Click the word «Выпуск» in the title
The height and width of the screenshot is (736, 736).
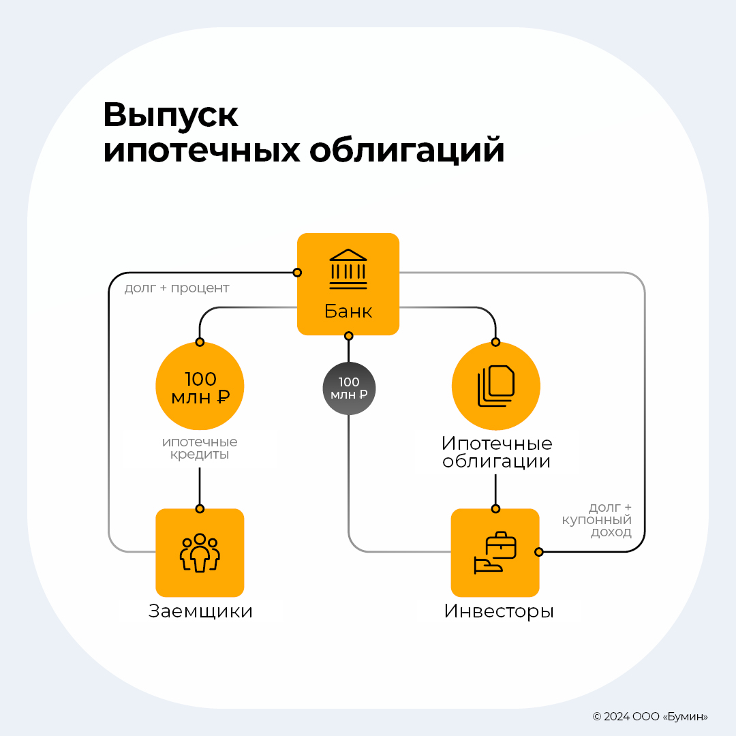tap(171, 116)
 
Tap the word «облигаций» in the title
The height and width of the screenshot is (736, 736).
tap(407, 151)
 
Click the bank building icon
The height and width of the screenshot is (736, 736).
tap(348, 269)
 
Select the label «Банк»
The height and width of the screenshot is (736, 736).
tap(348, 312)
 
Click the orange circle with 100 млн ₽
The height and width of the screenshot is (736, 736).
tap(200, 386)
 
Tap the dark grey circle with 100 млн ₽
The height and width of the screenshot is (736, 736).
tap(349, 388)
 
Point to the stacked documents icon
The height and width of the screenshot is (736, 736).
tap(495, 386)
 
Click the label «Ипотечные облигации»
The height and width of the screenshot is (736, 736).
tap(497, 453)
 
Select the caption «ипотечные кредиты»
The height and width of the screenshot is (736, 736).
tap(200, 448)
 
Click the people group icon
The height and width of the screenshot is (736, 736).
tap(200, 553)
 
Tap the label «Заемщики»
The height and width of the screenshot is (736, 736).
tap(200, 611)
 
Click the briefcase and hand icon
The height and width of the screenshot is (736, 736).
tap(495, 553)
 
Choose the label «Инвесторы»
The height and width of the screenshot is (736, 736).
tap(499, 611)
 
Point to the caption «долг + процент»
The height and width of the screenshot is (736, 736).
tap(177, 288)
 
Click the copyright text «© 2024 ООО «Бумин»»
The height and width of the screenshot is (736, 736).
tap(650, 716)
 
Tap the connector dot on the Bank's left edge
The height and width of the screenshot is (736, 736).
tap(297, 273)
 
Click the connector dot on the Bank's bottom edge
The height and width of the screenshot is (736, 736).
tap(348, 335)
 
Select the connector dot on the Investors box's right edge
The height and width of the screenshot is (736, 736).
tap(539, 552)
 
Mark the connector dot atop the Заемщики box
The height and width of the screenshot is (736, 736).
tap(200, 508)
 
